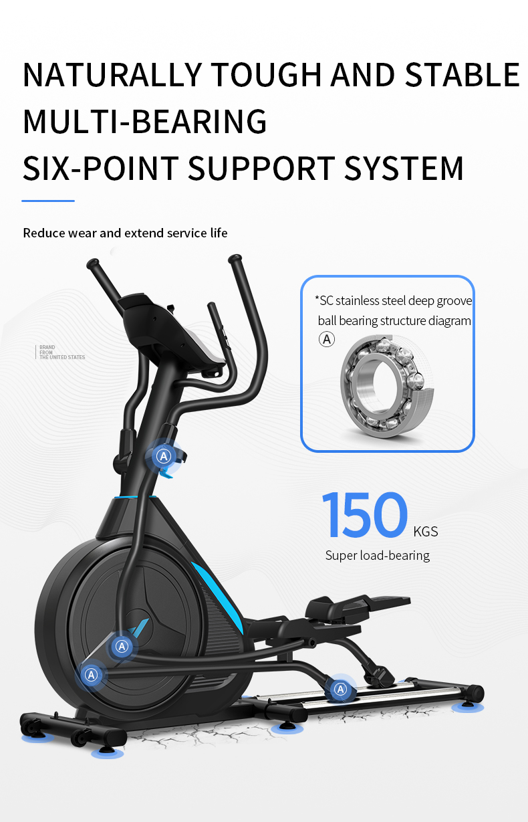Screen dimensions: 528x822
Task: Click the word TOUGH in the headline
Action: pyautogui.click(x=267, y=75)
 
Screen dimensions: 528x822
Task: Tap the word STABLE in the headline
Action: pyautogui.click(x=463, y=75)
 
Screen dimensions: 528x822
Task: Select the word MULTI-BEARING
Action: pyautogui.click(x=145, y=122)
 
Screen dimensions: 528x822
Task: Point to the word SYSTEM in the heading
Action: pyautogui.click(x=404, y=168)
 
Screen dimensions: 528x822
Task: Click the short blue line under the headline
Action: pyautogui.click(x=48, y=201)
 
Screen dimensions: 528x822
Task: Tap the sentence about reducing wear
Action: pyautogui.click(x=125, y=233)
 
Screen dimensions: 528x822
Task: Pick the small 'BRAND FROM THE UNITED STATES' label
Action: pyautogui.click(x=62, y=352)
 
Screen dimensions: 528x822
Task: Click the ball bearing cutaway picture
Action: pyautogui.click(x=387, y=385)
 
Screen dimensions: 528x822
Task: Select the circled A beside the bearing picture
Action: pyautogui.click(x=327, y=339)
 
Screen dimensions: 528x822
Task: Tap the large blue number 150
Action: pyautogui.click(x=365, y=515)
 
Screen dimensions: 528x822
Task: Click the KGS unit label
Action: pyautogui.click(x=426, y=531)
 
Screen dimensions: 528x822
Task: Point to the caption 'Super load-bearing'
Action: pyautogui.click(x=378, y=556)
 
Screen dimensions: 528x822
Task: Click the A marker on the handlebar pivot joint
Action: pyautogui.click(x=164, y=456)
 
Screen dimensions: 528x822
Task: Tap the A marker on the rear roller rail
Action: pyautogui.click(x=341, y=689)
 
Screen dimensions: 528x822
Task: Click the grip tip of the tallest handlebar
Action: pyautogui.click(x=235, y=259)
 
